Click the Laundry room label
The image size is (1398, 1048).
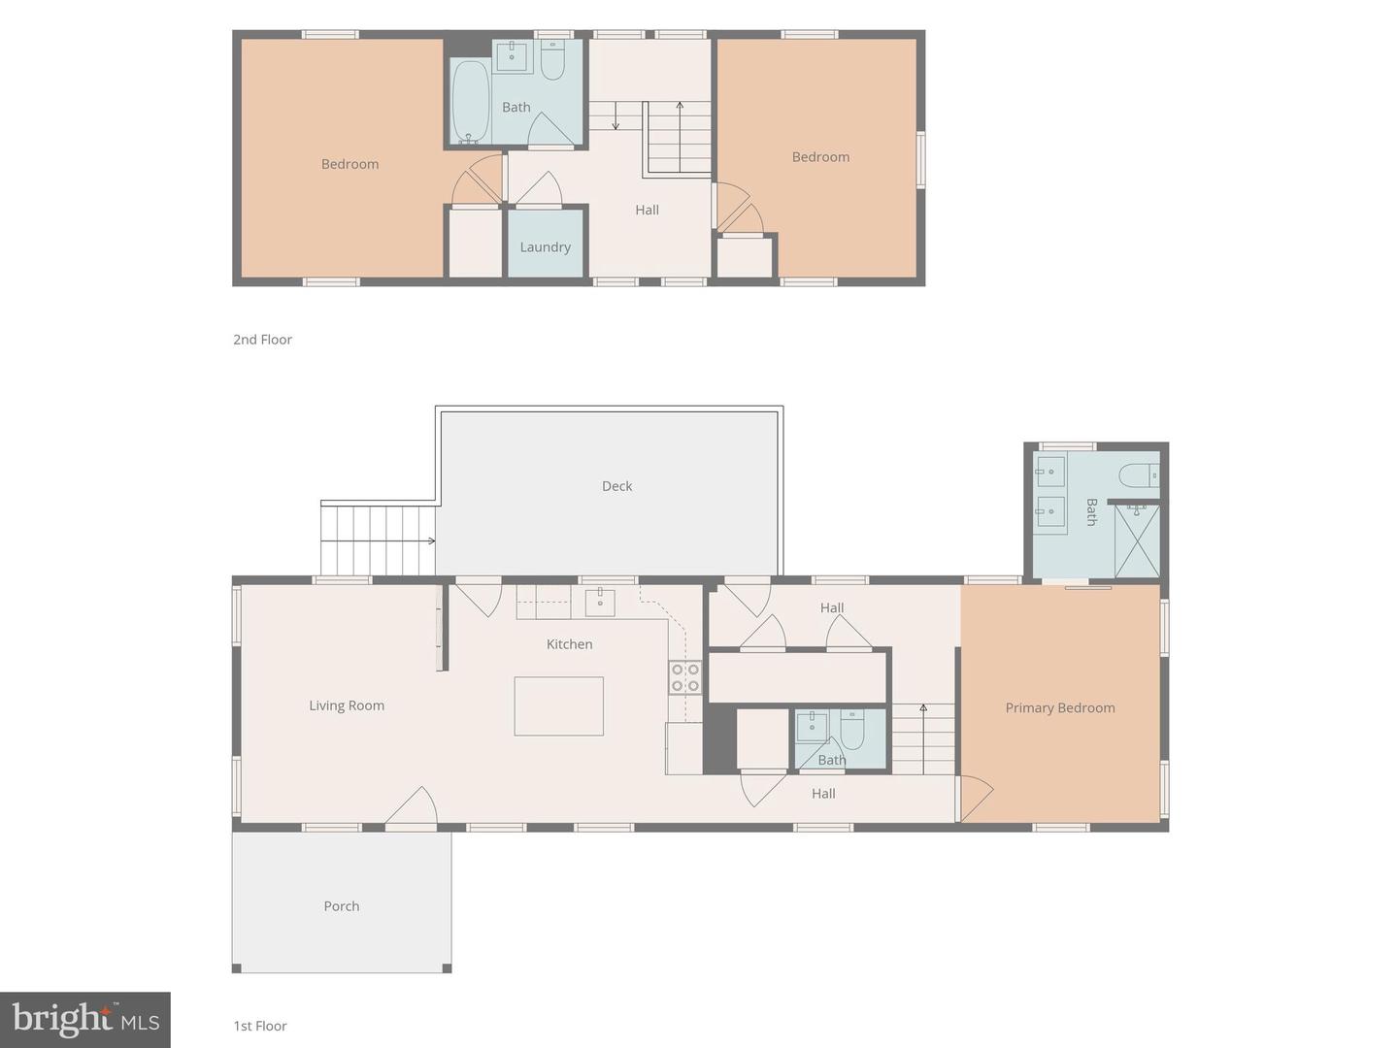pos(545,246)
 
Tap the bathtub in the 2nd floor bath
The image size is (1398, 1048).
pos(470,102)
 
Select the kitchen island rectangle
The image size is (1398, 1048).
pos(558,706)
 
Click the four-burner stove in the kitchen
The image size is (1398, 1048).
pos(684,677)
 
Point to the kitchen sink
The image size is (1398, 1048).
pos(599,602)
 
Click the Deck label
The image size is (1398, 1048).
pos(616,486)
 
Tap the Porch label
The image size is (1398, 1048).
pos(342,906)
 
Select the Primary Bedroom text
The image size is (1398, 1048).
pos(1060,707)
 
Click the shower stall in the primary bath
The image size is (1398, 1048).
pos(1137,540)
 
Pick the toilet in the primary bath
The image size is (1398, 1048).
pos(1140,475)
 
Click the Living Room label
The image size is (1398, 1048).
pos(347,705)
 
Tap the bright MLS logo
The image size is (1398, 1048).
pos(85,1020)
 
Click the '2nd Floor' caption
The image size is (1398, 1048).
pos(262,340)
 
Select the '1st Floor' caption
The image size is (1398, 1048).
pos(260,1026)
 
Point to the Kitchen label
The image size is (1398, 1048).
pos(569,644)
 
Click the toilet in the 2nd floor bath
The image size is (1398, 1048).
pos(552,61)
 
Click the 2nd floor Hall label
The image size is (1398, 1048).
pos(648,210)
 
